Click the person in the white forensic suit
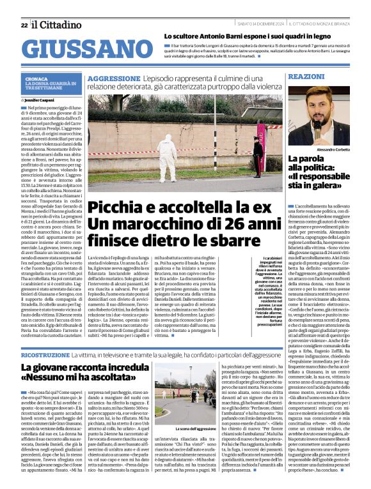167,157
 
